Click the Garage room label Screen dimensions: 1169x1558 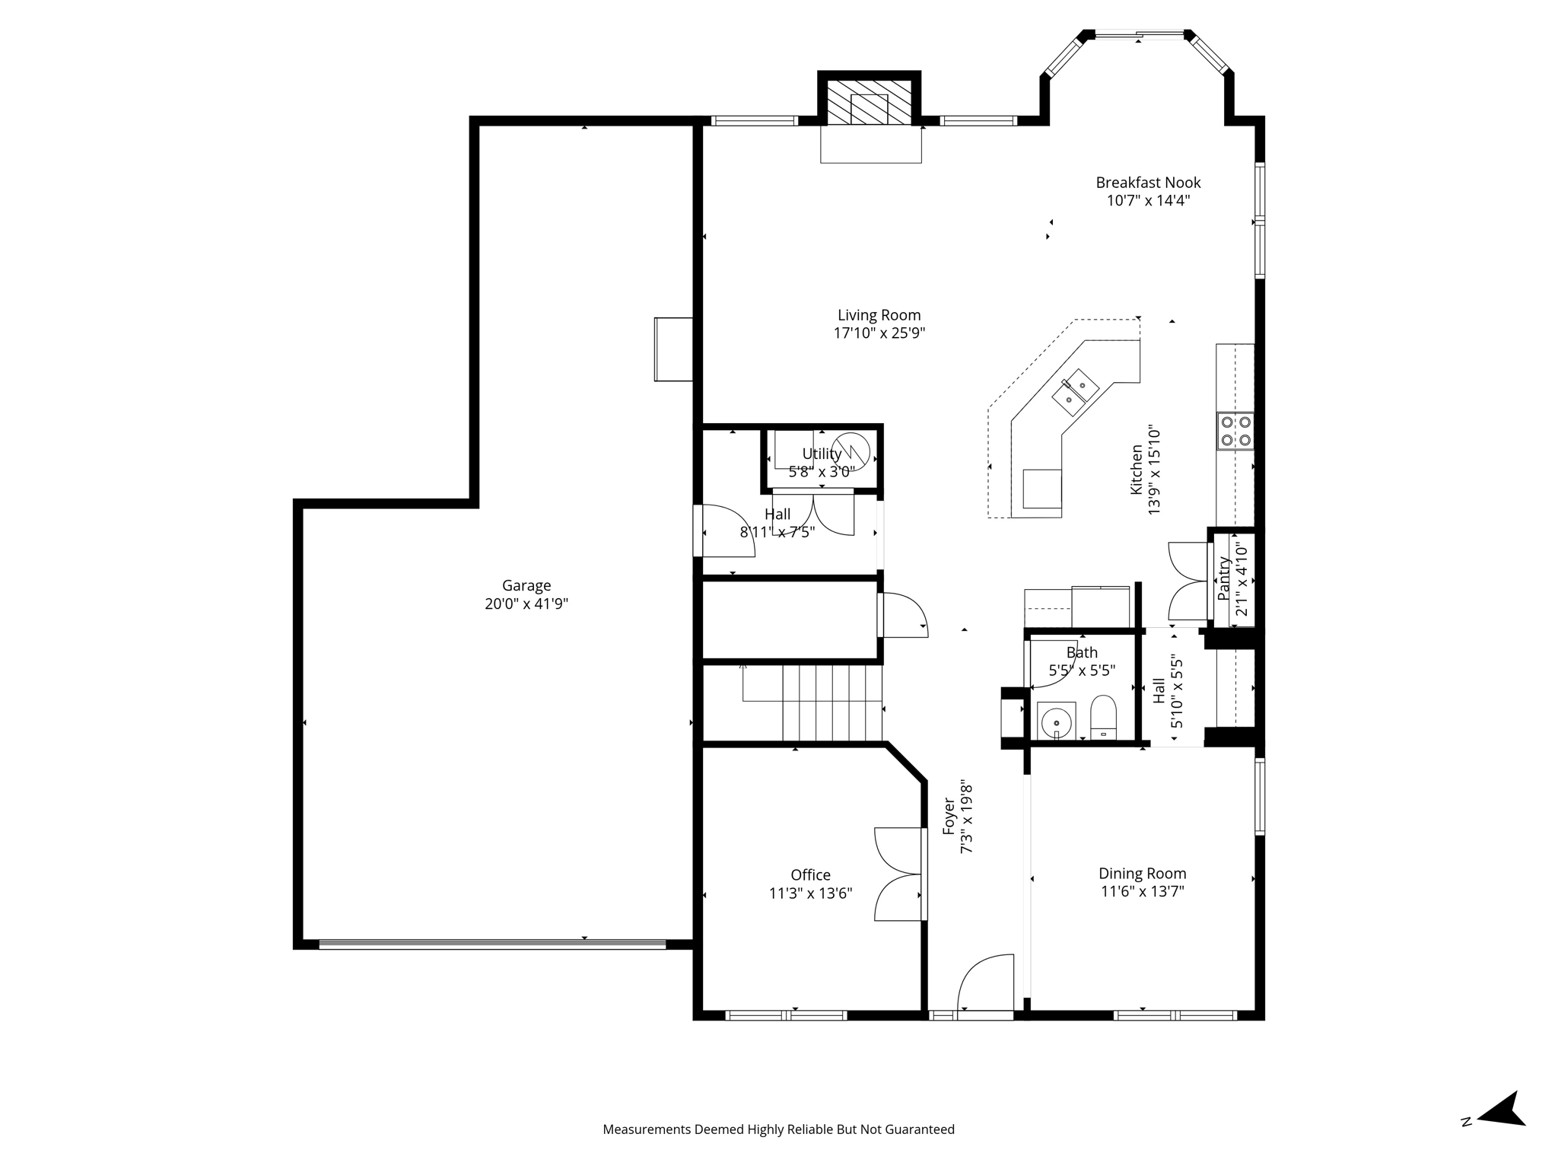click(526, 585)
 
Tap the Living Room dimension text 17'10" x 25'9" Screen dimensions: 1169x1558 click(879, 333)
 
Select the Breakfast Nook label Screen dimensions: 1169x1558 click(1148, 183)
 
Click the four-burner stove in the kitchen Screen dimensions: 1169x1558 click(1235, 431)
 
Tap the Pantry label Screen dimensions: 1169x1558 click(1224, 578)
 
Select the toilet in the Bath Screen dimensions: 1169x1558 click(1102, 716)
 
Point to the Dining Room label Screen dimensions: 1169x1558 click(1142, 874)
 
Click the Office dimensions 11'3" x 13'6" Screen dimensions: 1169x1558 click(810, 893)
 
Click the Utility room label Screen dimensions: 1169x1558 click(822, 454)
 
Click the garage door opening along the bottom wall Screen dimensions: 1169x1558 click(491, 944)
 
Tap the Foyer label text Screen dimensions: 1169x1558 click(949, 816)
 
